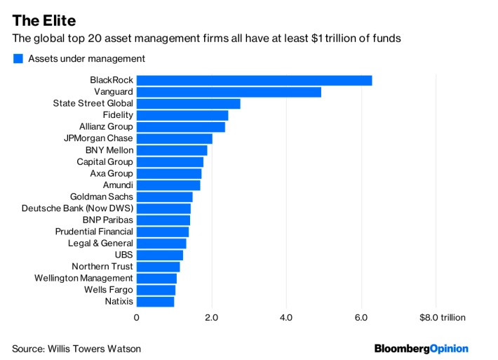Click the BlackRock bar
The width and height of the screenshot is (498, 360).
click(x=255, y=81)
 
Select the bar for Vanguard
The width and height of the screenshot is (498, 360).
click(x=229, y=92)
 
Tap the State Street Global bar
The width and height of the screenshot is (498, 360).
click(x=189, y=104)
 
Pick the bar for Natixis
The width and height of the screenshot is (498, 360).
click(x=155, y=302)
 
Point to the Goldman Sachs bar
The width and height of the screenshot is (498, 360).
click(x=165, y=197)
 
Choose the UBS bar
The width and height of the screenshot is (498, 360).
click(x=160, y=255)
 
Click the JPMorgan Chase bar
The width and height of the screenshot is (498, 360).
click(x=175, y=138)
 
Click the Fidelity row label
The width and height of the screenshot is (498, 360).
click(x=118, y=115)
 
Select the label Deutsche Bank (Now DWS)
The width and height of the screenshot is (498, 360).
click(x=77, y=208)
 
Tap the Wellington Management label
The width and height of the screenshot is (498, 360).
click(x=83, y=278)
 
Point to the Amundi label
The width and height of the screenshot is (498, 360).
click(x=118, y=185)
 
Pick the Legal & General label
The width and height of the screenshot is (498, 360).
click(x=100, y=243)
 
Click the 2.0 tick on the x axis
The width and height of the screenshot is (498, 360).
click(x=212, y=317)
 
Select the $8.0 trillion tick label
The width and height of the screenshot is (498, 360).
click(x=443, y=317)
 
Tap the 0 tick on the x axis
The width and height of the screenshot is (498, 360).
click(x=137, y=317)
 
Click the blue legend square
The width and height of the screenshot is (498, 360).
click(x=18, y=58)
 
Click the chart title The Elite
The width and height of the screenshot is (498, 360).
click(x=44, y=20)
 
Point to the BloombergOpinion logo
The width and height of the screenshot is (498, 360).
click(x=421, y=349)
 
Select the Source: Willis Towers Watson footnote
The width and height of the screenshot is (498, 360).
click(x=76, y=349)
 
